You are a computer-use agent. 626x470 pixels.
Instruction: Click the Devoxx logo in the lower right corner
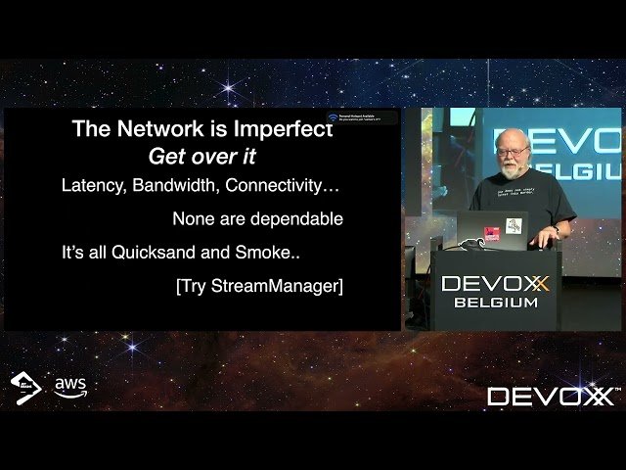pos(552,397)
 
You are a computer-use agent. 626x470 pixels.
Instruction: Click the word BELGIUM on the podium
pos(495,303)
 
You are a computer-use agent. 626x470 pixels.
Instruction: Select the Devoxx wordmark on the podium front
pos(495,284)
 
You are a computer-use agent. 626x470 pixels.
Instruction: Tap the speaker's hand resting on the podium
pos(541,237)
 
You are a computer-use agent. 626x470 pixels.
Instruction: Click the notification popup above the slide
pos(362,118)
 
